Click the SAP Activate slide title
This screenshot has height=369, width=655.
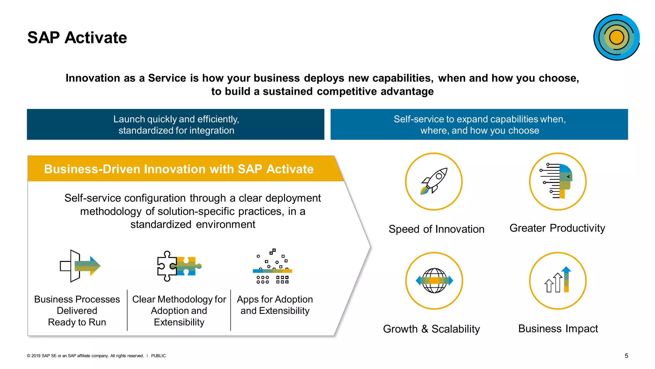tap(77, 37)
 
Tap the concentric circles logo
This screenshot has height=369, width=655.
tap(616, 37)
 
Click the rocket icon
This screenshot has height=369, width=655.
tap(434, 181)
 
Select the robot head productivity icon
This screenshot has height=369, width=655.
tap(558, 181)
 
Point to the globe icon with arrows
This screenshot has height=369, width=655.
tap(434, 281)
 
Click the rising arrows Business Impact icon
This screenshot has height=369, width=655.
tap(558, 281)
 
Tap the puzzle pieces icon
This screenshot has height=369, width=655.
tap(178, 266)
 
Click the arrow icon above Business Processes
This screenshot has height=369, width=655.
tap(80, 266)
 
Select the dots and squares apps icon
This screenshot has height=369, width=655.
tap(272, 266)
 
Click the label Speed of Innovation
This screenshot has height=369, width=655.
tap(436, 229)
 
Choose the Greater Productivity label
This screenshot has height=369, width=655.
tap(557, 228)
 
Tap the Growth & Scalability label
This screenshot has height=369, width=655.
tap(431, 329)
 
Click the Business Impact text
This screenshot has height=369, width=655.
tap(558, 329)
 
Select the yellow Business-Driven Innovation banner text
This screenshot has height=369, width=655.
tap(178, 169)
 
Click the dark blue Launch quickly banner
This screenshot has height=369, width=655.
tap(176, 125)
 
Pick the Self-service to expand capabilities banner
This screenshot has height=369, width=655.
tap(479, 125)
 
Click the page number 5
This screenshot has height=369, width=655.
tap(626, 356)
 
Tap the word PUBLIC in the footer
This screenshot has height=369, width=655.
tap(158, 356)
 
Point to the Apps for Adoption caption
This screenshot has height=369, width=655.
tap(275, 305)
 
